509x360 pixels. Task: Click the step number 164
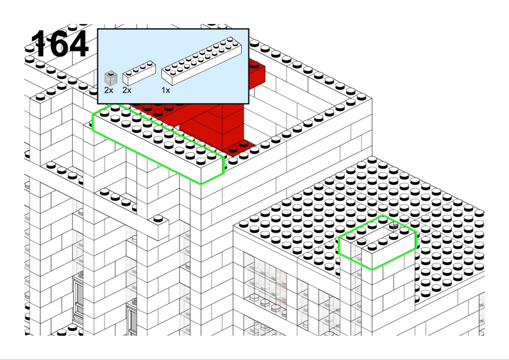[x=59, y=43]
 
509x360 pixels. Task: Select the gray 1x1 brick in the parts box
[x=111, y=78]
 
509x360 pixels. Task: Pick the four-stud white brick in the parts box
[x=139, y=73]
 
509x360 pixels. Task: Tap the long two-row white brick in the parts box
[x=201, y=61]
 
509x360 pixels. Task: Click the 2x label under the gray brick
[x=109, y=91]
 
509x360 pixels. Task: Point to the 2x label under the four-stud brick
[x=127, y=91]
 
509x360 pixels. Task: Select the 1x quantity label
[x=166, y=91]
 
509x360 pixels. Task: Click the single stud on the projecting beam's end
[x=158, y=219]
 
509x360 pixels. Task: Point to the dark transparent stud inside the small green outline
[x=394, y=226]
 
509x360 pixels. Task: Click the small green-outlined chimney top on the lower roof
[x=377, y=242]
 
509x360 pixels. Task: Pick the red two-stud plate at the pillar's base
[x=238, y=147]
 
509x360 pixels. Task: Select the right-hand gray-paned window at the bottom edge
[x=131, y=320]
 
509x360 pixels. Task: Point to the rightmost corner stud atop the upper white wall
[x=361, y=97]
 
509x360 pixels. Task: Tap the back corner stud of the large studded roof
[x=372, y=159]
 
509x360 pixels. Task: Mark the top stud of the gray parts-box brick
[x=111, y=73]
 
